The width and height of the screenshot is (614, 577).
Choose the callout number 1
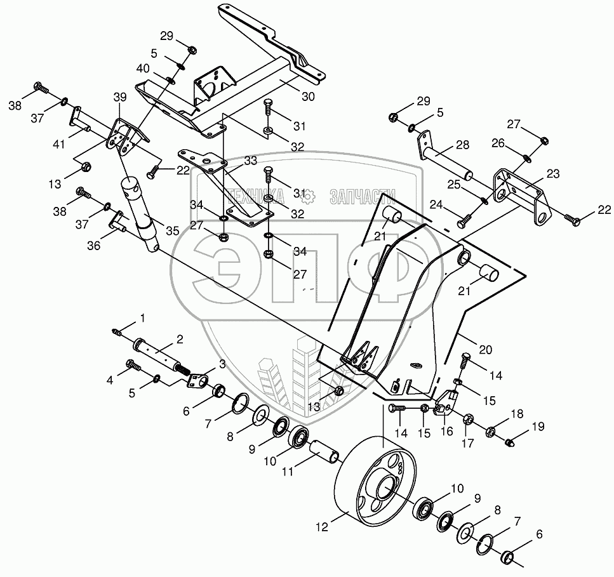143,317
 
